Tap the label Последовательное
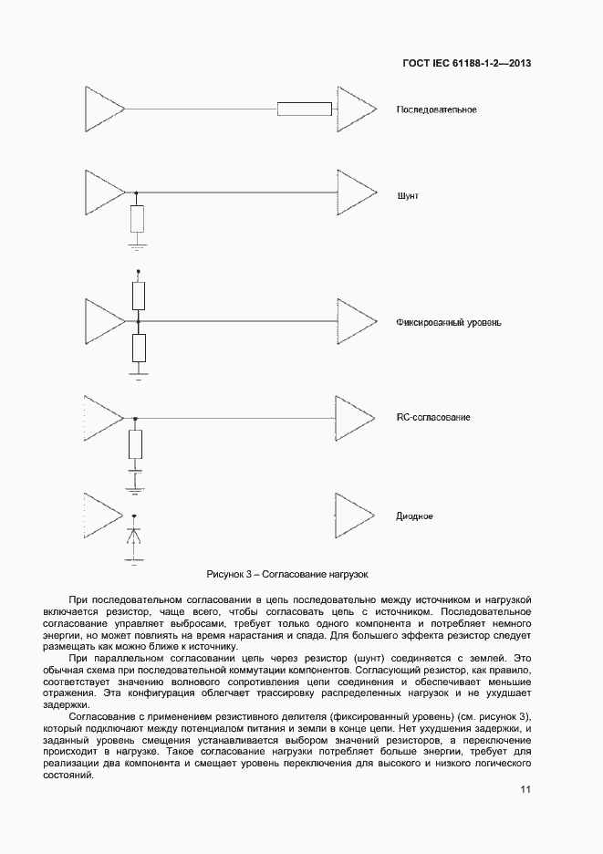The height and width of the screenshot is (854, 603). pos(436,110)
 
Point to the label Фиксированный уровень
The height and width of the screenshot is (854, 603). pos(448,323)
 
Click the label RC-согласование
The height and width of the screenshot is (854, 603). pos(432,417)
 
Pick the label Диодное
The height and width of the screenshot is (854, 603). pos(414,516)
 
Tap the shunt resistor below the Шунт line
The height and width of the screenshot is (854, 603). pos(137,219)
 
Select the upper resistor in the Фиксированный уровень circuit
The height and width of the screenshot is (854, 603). pos(139,296)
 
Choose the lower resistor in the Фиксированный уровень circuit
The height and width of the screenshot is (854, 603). pos(139,348)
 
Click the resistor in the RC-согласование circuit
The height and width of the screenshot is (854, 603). pos(136,444)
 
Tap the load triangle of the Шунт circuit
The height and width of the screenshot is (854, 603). pos(354,193)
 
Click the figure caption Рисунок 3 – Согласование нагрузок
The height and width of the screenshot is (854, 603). pos(286,574)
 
